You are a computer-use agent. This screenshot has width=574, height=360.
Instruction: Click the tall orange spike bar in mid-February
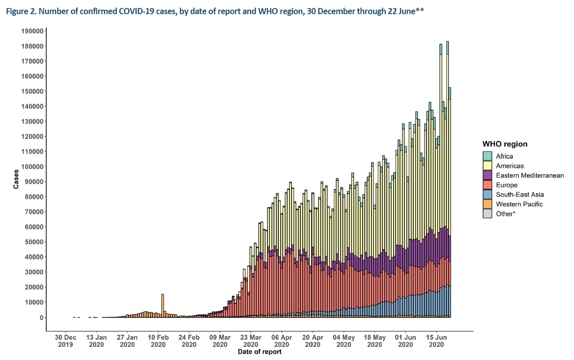coord(163,305)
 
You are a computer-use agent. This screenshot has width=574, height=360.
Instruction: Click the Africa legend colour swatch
coord(487,156)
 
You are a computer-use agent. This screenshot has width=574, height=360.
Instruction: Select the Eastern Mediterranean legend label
coord(530,175)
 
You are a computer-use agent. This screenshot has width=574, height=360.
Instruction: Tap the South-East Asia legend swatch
coord(487,195)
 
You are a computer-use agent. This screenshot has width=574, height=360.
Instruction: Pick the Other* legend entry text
coord(505,214)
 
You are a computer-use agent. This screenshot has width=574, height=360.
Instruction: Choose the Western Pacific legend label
coord(519,204)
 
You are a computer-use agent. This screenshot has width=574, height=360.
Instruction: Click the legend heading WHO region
coord(505,144)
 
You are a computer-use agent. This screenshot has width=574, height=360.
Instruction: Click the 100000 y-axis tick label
coord(33,167)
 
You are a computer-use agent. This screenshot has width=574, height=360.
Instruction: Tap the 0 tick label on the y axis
coord(42,317)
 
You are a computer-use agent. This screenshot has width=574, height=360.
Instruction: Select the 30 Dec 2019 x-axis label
coord(66,341)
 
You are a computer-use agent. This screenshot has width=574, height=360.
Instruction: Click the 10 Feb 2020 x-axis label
coord(158,341)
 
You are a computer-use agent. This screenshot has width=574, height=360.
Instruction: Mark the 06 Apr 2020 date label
coord(282,341)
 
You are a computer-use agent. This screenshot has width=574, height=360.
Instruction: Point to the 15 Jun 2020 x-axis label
coord(436,341)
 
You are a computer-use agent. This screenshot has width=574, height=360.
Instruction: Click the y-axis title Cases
coord(16,179)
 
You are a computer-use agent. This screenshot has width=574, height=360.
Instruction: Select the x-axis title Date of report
coord(260,352)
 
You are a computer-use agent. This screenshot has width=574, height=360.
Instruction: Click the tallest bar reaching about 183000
coord(447,179)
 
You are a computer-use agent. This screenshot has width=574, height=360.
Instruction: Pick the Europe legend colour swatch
coord(487,185)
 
